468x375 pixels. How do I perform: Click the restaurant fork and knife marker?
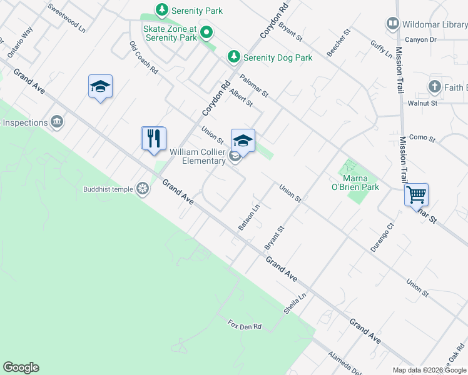pos(154,139)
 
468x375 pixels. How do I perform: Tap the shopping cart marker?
pos(416,194)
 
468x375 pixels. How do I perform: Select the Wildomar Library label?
pos(434,24)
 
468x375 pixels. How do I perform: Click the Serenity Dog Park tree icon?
pos(234,57)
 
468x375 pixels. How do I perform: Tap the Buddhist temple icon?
pos(143,189)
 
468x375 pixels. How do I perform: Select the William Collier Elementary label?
pos(198,156)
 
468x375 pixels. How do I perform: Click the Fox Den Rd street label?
pos(244,326)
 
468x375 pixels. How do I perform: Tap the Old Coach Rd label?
pos(144,57)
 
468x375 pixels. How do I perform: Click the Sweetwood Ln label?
pos(66,19)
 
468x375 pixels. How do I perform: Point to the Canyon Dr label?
pos(420,39)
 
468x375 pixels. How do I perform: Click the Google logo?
pos(21,367)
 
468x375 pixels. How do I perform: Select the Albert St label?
pos(240,97)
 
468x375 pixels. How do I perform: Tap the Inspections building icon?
pos(57,121)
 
